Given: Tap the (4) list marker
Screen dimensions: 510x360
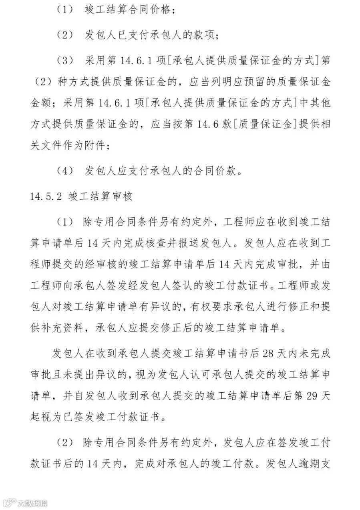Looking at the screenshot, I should (x=65, y=172).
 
